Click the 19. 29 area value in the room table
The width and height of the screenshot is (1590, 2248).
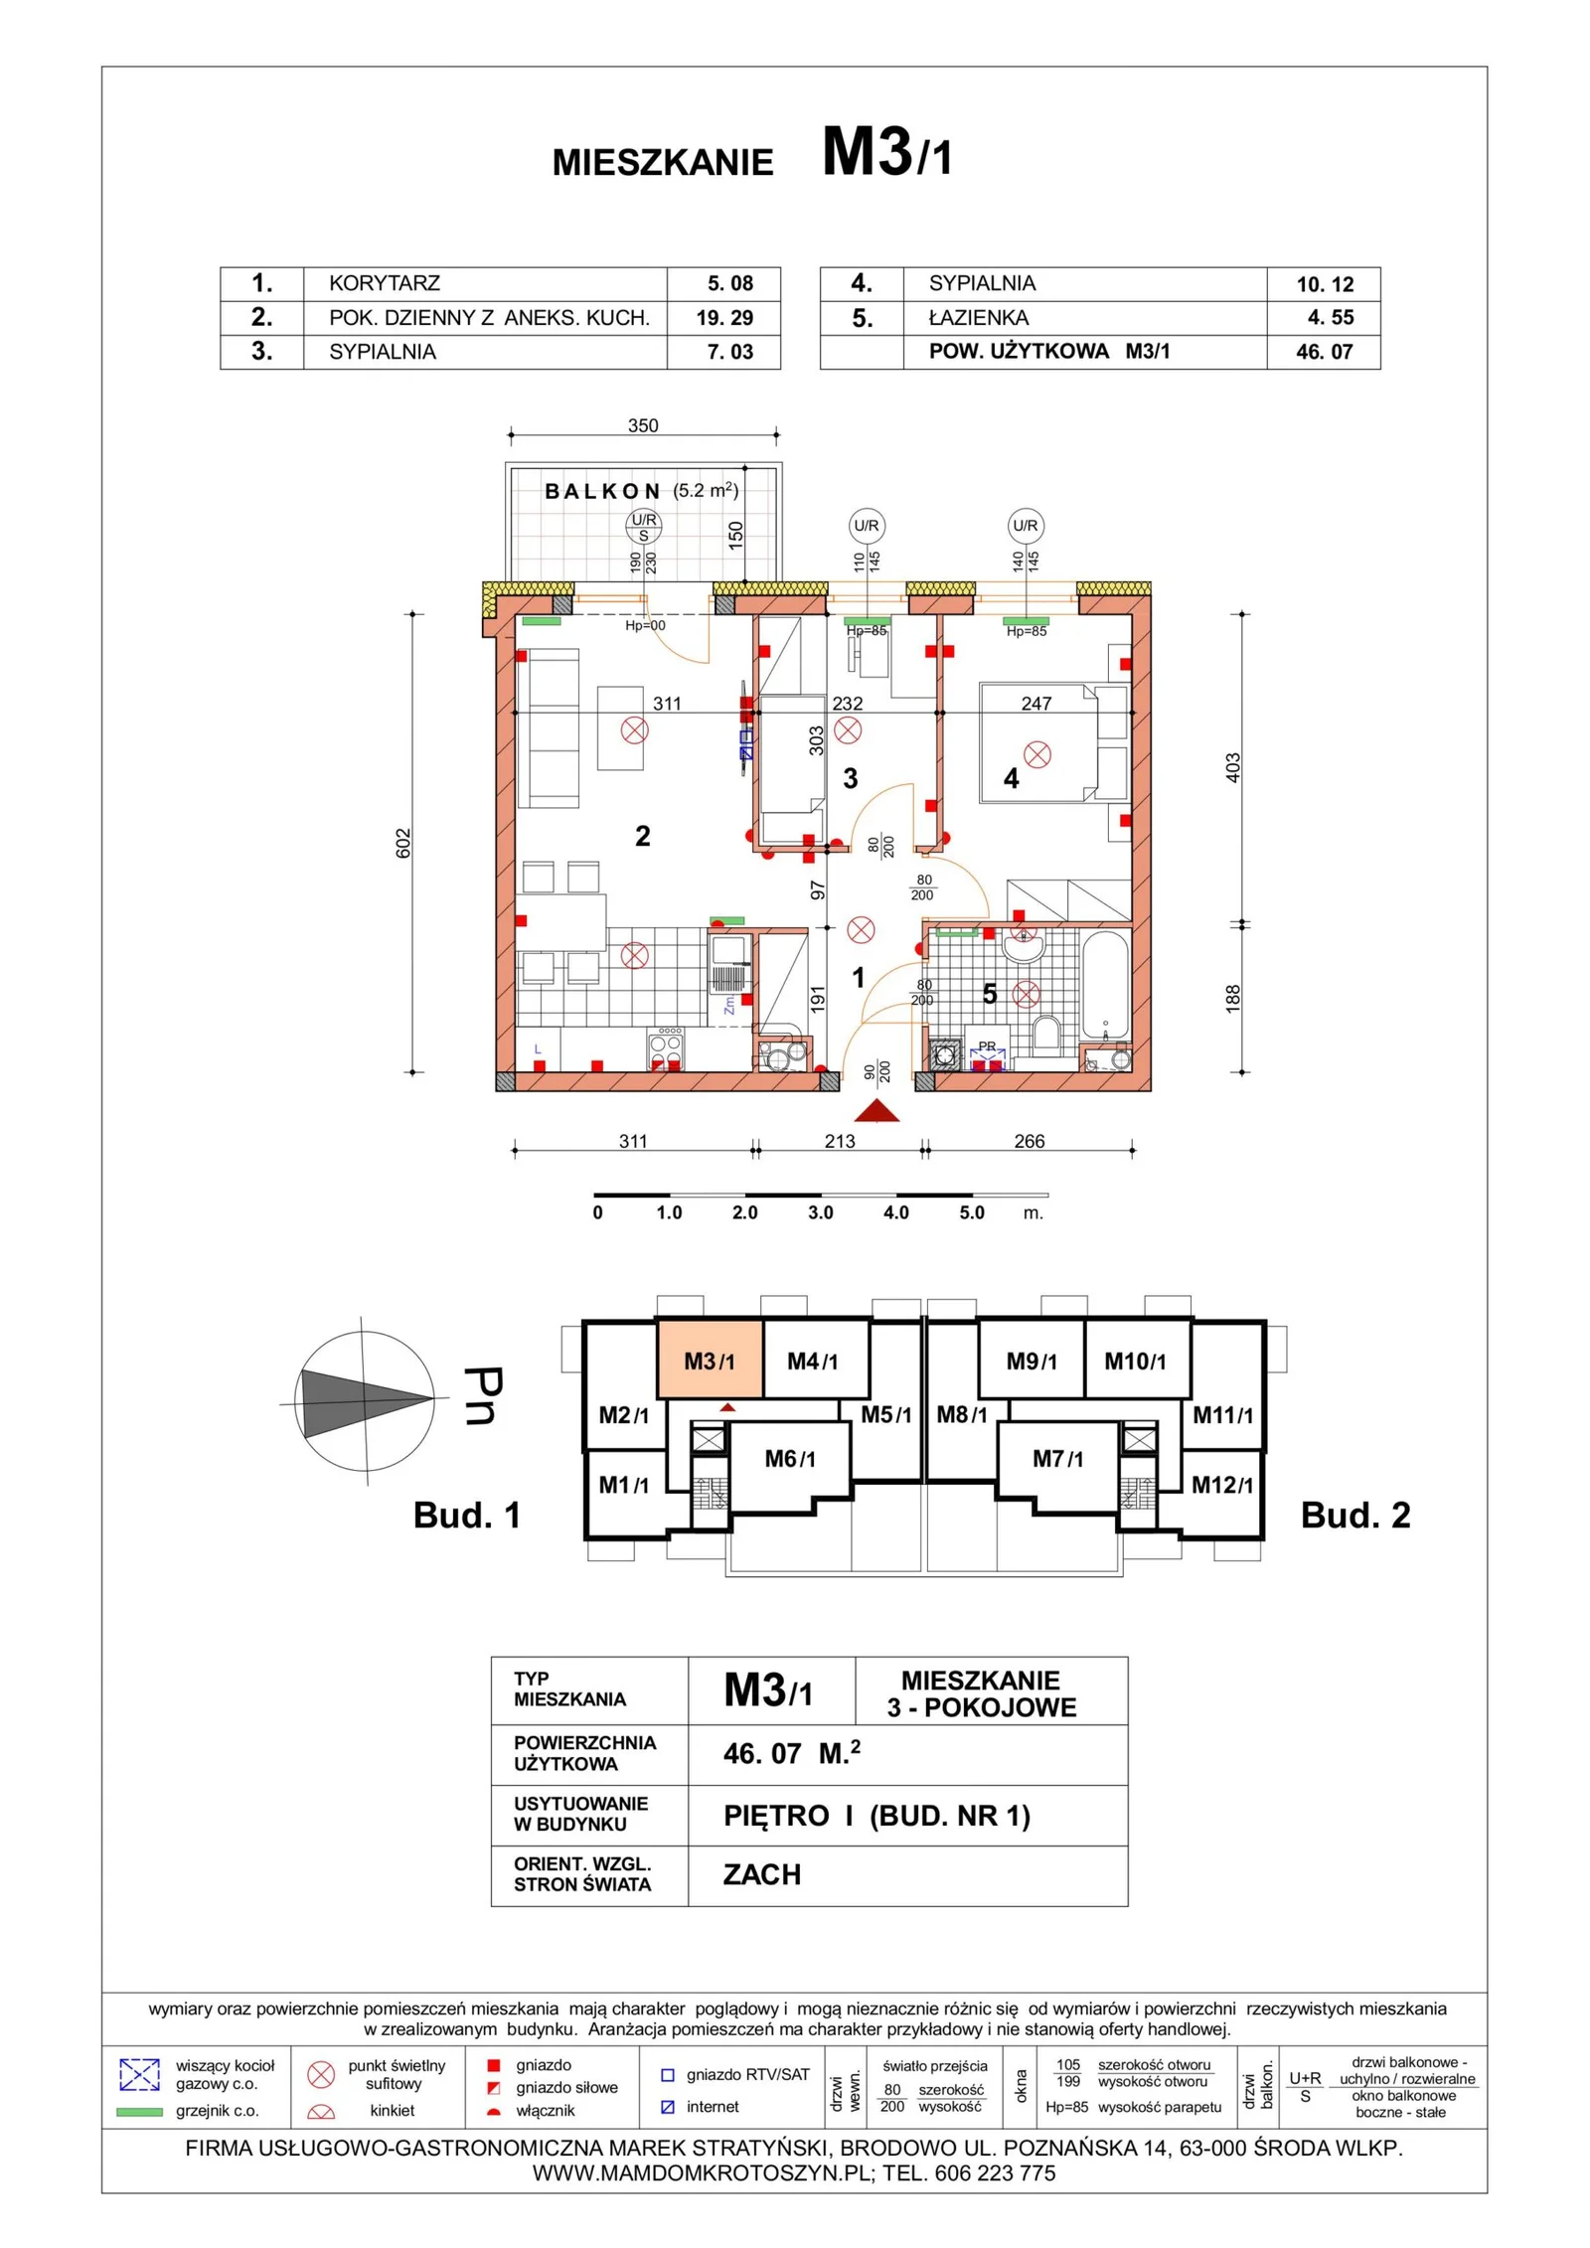724,318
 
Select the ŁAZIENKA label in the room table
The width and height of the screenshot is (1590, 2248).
979,318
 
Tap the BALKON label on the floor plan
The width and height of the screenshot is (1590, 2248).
602,491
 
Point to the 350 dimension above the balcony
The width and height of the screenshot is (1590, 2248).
643,425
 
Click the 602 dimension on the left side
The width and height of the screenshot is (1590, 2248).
403,843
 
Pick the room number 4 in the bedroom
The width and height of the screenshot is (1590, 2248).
1011,778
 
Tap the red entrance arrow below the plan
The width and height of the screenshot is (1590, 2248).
876,1110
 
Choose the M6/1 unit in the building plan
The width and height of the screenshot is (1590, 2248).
790,1459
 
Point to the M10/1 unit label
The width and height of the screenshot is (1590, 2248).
1135,1362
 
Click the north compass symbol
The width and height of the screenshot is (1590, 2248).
366,1401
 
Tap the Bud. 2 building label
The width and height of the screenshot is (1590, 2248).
1355,1516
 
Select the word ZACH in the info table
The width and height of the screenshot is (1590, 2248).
762,1874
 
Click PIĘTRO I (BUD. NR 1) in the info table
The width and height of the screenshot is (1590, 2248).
876,1816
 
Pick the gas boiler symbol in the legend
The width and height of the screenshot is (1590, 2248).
139,2074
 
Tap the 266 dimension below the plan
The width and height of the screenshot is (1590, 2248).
1030,1141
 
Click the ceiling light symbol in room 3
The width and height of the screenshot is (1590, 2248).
848,730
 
